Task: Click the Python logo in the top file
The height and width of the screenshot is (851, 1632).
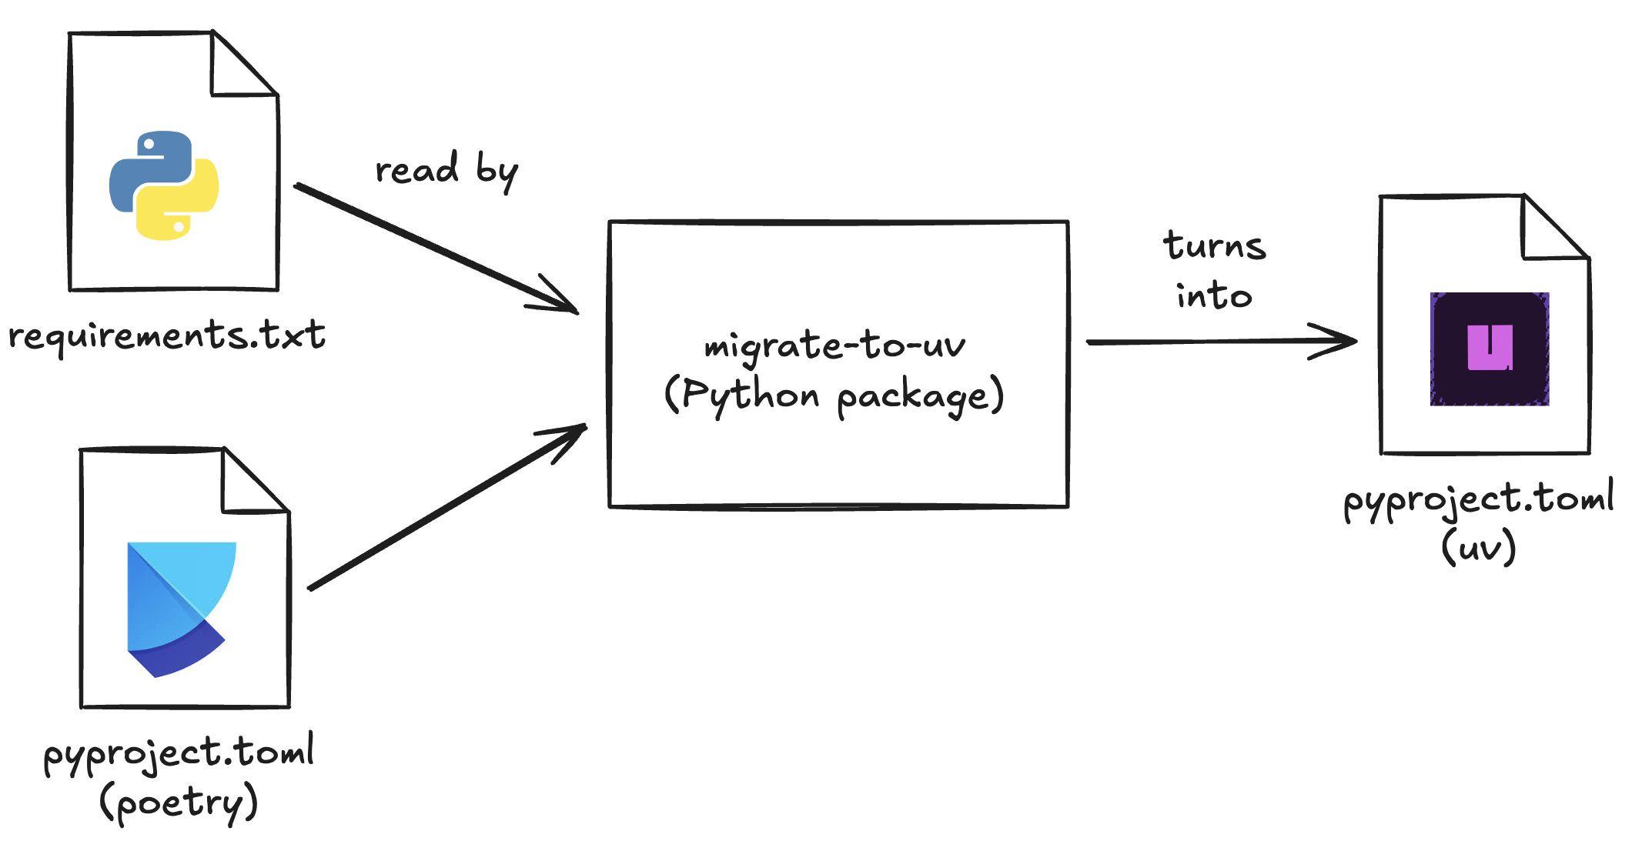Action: point(164,185)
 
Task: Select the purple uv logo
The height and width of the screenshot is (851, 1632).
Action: point(1490,349)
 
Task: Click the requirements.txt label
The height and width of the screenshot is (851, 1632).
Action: point(167,336)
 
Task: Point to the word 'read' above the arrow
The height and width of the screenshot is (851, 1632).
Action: point(416,169)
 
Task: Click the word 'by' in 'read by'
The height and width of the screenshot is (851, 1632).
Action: point(497,171)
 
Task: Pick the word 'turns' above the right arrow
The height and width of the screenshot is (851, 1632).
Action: point(1215,246)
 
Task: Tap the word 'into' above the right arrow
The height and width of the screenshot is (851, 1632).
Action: point(1214,295)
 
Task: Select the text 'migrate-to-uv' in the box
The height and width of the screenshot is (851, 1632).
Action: point(834,345)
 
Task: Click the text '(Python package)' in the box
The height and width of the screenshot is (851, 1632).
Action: point(834,395)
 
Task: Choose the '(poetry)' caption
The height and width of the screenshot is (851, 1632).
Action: point(179,803)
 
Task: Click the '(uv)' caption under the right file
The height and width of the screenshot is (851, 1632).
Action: point(1478,547)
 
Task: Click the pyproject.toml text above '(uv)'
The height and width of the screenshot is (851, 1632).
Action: point(1478,499)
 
